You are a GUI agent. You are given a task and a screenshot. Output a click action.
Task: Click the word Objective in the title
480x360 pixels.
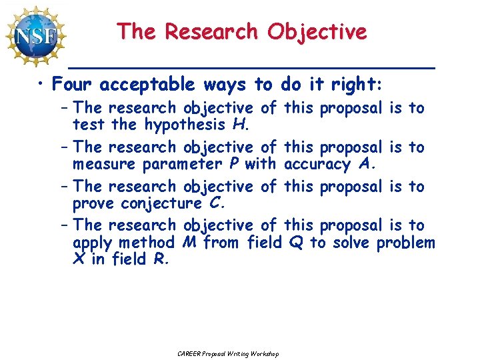317,31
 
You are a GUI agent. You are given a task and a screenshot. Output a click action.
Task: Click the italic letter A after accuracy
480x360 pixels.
364,163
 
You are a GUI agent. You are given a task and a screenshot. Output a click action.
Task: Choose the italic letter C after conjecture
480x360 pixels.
213,203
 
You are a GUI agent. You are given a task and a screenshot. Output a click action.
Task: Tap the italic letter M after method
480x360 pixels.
188,243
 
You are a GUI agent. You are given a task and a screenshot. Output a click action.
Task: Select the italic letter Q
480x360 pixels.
295,243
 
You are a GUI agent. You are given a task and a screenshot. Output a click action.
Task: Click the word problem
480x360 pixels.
405,243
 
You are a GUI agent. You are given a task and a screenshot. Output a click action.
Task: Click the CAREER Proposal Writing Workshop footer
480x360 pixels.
229,353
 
